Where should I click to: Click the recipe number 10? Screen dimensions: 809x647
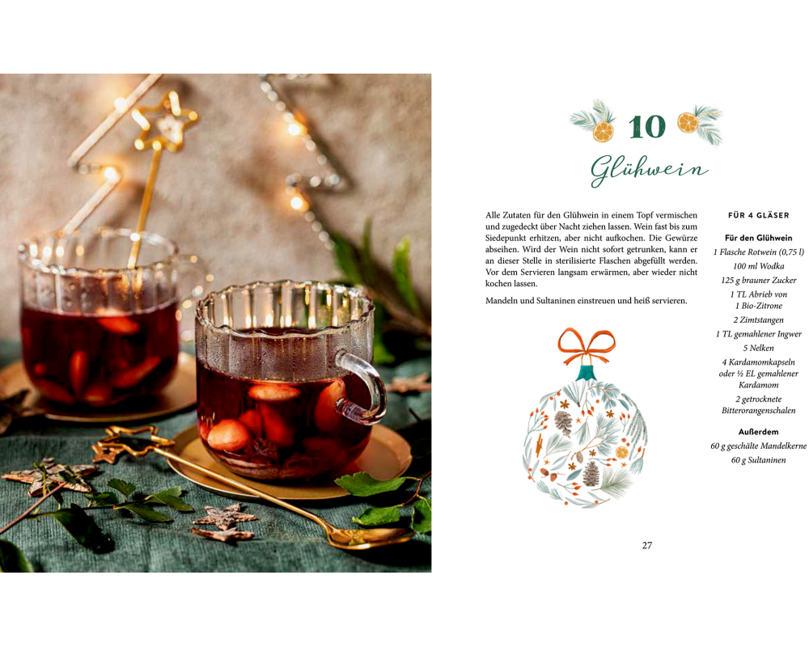647,126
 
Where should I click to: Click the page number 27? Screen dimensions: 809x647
647,545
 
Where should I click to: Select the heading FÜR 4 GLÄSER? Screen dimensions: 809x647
759,215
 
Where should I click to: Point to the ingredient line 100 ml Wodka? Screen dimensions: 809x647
759,266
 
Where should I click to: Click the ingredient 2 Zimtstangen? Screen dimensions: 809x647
759,320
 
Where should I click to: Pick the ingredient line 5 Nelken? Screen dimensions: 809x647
759,349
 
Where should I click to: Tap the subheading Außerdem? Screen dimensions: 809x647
759,432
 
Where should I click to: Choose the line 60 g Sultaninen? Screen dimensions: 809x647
759,460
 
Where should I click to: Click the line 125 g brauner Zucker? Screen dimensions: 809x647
759,280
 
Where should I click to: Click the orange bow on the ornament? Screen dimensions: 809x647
587,345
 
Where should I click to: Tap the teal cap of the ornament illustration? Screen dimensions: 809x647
586,373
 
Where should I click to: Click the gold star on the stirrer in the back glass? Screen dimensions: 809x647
166,122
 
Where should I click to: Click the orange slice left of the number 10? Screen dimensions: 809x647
604,132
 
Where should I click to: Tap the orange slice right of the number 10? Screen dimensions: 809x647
688,123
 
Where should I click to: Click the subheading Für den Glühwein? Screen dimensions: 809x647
759,238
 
